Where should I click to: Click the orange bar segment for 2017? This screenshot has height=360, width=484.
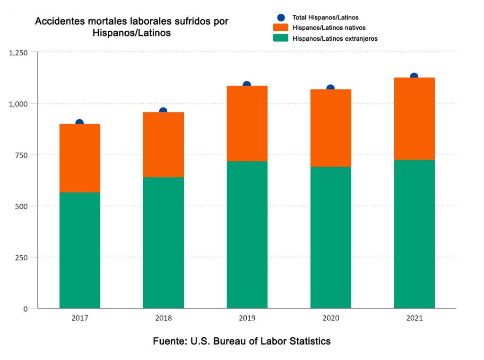click(x=79, y=158)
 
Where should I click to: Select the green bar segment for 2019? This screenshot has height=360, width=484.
click(x=247, y=235)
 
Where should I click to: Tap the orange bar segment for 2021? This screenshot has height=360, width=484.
click(x=414, y=118)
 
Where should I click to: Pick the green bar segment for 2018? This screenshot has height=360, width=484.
click(x=163, y=243)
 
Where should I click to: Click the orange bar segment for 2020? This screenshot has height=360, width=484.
click(x=330, y=128)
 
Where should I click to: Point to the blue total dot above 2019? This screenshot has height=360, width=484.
click(x=247, y=85)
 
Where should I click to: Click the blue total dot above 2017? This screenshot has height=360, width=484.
click(x=79, y=123)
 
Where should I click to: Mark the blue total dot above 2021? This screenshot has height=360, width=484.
click(x=414, y=77)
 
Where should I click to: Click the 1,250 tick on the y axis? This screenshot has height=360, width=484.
click(x=18, y=52)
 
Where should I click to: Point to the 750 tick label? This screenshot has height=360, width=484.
click(x=22, y=155)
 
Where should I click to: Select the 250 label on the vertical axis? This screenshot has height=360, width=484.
click(x=22, y=257)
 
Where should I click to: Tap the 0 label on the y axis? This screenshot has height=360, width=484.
click(x=26, y=309)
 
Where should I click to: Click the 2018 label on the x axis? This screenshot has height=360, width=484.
click(x=163, y=319)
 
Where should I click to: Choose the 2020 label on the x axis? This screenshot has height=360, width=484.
click(x=330, y=319)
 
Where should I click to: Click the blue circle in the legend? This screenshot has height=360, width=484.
click(x=281, y=18)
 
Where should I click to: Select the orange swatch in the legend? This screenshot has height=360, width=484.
click(x=281, y=28)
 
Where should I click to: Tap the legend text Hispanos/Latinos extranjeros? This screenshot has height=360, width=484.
click(x=335, y=39)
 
